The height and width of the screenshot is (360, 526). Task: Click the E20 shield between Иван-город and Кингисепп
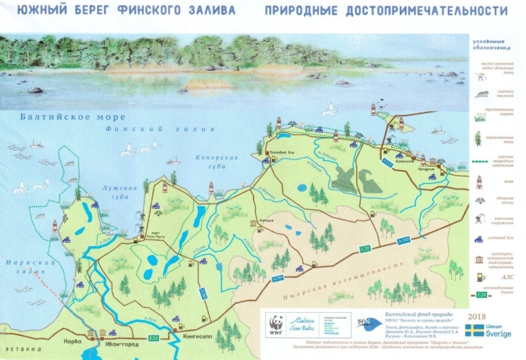coord(153,338)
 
